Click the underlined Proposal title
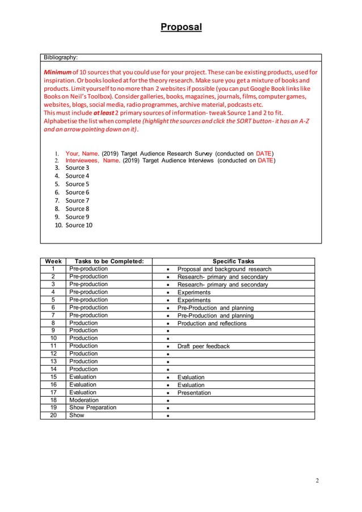[181, 27]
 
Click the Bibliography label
[62, 57]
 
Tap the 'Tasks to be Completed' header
[106, 261]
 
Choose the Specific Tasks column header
[233, 261]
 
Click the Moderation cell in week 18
[83, 400]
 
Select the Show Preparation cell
[92, 408]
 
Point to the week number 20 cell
[53, 416]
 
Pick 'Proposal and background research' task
[224, 269]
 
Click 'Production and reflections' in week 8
[212, 324]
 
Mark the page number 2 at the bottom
[317, 481]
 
